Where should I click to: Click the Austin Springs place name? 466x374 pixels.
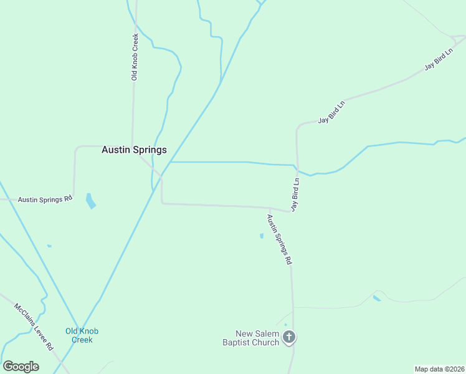[134, 150]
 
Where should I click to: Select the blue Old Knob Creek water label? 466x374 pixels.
[82, 335]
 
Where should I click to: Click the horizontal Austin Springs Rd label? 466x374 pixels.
[45, 199]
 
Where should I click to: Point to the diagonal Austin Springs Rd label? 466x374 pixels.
[279, 240]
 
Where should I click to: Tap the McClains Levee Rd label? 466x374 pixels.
[34, 327]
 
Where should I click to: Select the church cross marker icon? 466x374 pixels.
[289, 337]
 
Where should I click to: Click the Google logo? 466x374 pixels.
[21, 367]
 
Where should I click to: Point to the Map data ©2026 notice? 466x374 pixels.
[439, 369]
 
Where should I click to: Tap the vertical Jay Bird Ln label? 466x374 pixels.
[295, 194]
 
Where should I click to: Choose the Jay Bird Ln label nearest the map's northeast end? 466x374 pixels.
[438, 58]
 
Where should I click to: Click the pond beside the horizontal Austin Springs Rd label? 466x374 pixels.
[91, 201]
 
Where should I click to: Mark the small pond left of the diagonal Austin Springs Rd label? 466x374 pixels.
[261, 236]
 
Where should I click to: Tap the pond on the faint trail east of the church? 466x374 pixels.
[376, 299]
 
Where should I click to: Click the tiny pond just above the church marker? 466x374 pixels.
[285, 324]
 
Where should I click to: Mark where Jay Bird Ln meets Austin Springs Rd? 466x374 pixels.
[290, 211]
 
